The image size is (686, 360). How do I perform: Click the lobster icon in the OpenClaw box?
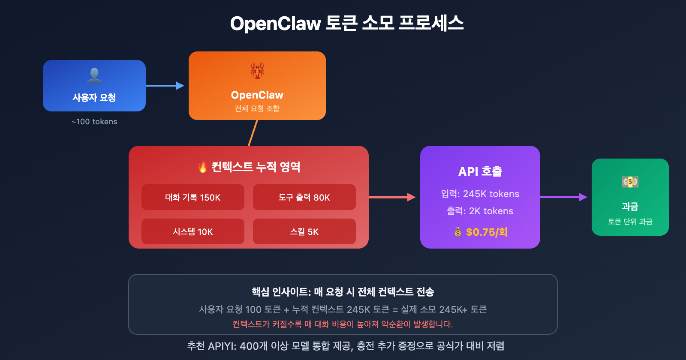point(257,71)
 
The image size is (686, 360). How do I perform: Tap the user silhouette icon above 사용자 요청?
point(94,75)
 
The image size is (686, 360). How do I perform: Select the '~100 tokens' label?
point(94,122)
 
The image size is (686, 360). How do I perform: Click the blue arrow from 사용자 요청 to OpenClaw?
point(165,86)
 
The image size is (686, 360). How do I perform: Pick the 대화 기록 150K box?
point(193,197)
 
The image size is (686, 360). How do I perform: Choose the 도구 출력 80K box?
point(304,197)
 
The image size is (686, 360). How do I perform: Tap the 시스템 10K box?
point(193,231)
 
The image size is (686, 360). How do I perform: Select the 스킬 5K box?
point(304,231)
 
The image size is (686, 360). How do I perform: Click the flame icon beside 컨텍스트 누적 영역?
point(202,167)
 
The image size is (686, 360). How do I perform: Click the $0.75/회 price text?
point(487,232)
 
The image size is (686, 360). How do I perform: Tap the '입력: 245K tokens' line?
point(480,194)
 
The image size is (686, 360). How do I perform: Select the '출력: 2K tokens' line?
point(480,211)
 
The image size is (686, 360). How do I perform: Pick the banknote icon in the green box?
point(630,182)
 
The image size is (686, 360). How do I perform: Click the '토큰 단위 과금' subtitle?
point(630,222)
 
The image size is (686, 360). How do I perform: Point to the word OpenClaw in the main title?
point(275,24)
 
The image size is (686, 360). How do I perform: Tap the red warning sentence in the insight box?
point(343,324)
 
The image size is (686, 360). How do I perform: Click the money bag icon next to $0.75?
point(458,232)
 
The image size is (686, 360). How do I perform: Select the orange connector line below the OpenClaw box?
point(253,133)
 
